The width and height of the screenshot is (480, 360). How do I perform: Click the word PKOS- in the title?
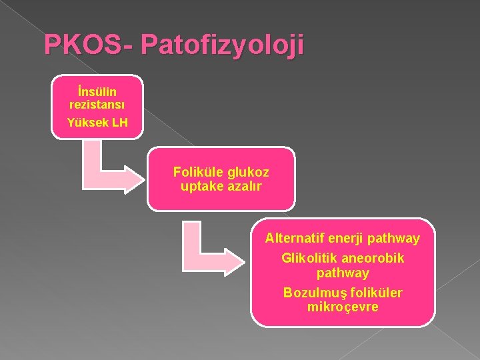(x=89, y=45)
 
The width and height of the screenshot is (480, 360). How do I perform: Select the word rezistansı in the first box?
(x=97, y=104)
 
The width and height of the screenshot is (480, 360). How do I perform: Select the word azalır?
(x=243, y=186)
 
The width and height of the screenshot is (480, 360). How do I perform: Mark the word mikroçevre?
(x=343, y=307)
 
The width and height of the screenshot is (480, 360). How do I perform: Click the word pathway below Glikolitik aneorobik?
(x=343, y=273)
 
